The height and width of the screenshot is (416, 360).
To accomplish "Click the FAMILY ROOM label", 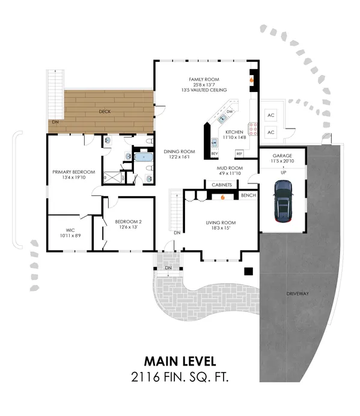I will pos(204,79).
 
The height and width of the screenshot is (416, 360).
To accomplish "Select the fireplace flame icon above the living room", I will pos(222,196).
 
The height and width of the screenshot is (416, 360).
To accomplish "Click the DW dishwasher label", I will pos(230,112).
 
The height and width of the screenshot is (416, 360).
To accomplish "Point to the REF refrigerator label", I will pos(239,153).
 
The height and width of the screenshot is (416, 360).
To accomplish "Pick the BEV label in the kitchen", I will pos(214,153).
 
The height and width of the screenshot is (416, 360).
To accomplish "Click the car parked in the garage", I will pos(282,202).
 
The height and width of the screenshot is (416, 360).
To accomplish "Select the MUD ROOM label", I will pos(230,168).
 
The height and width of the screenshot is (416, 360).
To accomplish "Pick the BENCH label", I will pos(248,195).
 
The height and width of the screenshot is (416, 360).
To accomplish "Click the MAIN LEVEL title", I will pos(180,361).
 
